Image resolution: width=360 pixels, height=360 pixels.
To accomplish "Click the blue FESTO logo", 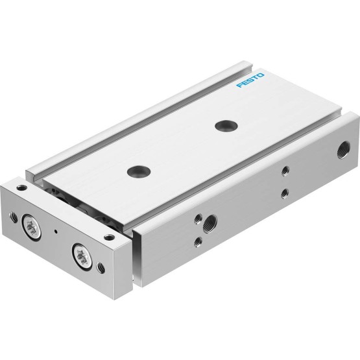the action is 250,80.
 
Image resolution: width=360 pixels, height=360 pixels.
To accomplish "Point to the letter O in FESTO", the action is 261,75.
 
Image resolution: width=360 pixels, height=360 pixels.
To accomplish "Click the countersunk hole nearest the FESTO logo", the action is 226,126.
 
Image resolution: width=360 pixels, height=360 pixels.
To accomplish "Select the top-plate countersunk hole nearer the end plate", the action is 139,171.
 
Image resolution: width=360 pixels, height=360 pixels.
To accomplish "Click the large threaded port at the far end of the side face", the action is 344,150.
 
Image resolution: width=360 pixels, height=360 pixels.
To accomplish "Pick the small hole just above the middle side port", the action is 198,219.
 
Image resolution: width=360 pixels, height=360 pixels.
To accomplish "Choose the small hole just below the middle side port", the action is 198,242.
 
